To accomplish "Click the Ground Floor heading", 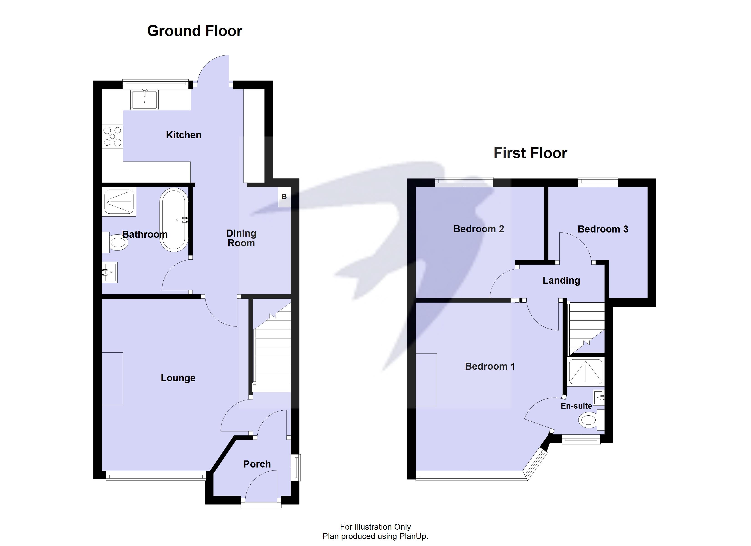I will [195, 31].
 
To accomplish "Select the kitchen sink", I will [144, 99].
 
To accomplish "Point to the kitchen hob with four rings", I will [112, 136].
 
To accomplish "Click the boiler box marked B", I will [284, 197].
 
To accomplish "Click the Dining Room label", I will [241, 238].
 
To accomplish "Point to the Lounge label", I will [178, 378].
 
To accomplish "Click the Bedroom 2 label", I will [479, 229].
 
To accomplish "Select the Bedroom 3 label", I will [603, 229].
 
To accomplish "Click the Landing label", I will [561, 281].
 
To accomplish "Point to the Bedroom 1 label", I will [490, 366].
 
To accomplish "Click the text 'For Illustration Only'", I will [375, 527].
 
